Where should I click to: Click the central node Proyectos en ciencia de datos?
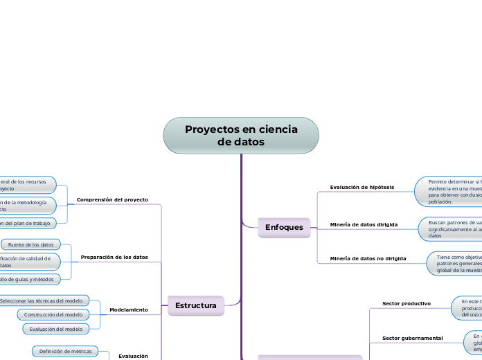tap(241, 136)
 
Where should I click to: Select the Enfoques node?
tap(284, 227)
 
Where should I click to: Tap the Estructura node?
tap(196, 305)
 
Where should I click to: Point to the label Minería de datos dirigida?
tap(364, 225)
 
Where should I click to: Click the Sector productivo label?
tap(407, 303)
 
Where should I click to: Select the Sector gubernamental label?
tap(413, 338)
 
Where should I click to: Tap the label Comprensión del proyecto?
tap(112, 199)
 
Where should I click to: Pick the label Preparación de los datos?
tap(114, 257)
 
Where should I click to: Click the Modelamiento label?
tap(129, 309)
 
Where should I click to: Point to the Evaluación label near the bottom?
tap(133, 356)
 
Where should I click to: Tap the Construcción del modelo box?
tap(53, 314)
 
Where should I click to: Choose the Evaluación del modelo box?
tap(55, 329)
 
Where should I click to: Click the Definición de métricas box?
tap(65, 352)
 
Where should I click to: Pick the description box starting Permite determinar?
tap(449, 190)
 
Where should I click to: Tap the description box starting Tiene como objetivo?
tap(454, 264)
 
